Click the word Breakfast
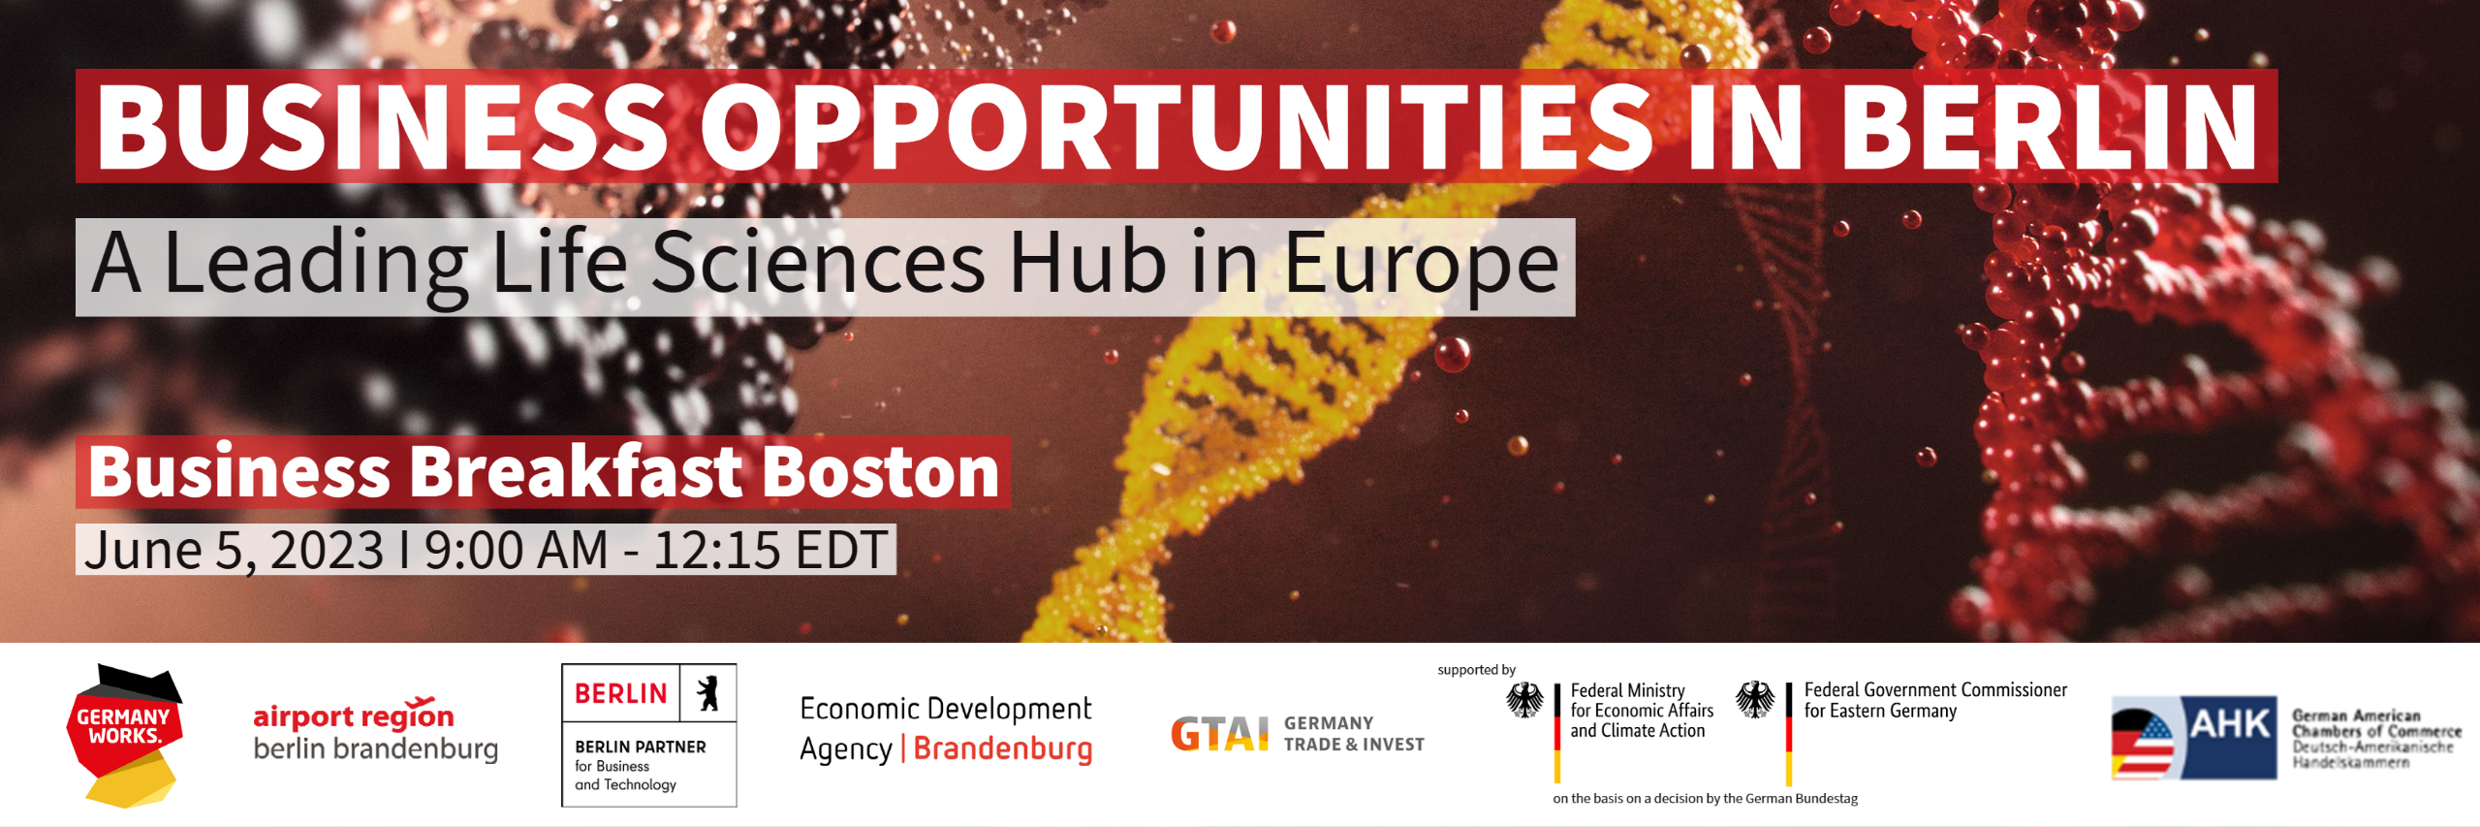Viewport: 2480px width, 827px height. click(x=576, y=472)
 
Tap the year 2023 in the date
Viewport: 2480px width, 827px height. click(x=327, y=551)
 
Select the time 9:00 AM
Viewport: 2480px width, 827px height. click(x=517, y=551)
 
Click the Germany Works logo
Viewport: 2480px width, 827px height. click(x=125, y=736)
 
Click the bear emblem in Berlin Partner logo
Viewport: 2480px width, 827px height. click(x=708, y=693)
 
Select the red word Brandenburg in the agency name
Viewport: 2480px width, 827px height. click(x=1003, y=749)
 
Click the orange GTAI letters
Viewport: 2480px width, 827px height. click(x=1219, y=734)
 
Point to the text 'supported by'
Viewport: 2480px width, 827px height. click(x=1476, y=670)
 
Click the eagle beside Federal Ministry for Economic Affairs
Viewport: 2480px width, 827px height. click(x=1524, y=700)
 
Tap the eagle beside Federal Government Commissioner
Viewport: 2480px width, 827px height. click(x=1755, y=699)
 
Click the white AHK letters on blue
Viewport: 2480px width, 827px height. click(x=2230, y=724)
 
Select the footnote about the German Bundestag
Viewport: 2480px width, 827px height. click(x=1705, y=799)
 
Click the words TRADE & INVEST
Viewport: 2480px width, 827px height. click(x=1354, y=745)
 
